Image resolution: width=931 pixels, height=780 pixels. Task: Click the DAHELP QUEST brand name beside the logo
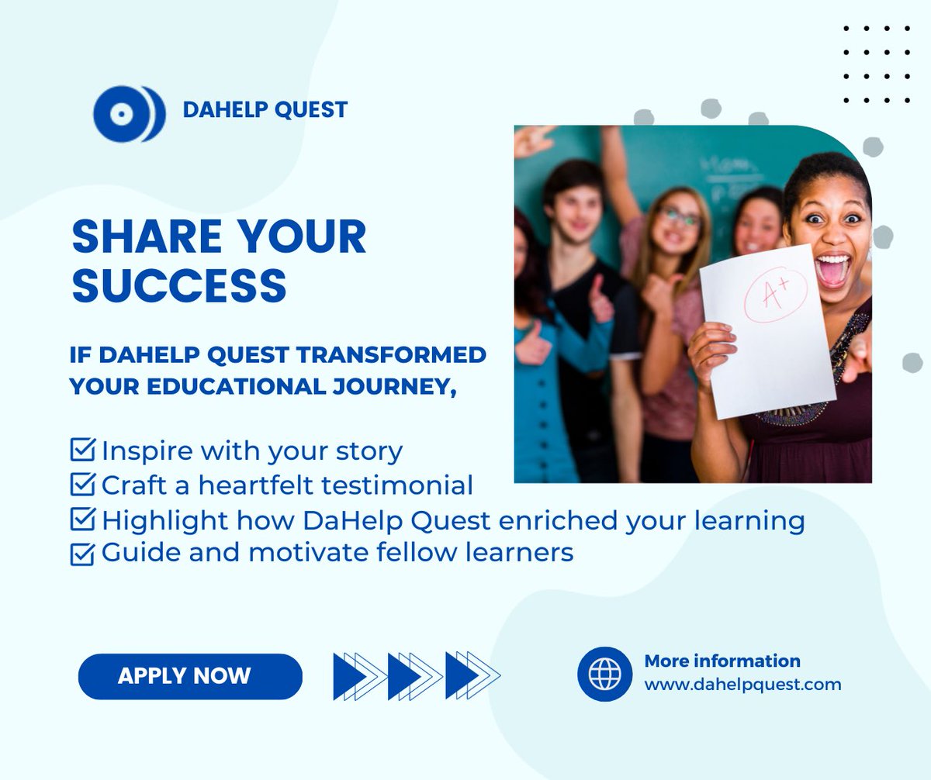tap(265, 110)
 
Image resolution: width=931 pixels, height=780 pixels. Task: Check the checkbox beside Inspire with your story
tap(82, 449)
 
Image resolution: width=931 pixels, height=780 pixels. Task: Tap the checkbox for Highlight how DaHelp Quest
tap(82, 519)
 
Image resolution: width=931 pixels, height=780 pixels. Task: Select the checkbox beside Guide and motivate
tap(82, 554)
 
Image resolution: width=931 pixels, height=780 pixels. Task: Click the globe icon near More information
tap(604, 674)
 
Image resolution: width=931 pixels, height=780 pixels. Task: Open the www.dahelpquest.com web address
tap(742, 685)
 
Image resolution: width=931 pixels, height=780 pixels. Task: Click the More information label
tap(722, 661)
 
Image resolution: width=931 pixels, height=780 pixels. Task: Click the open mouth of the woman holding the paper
tap(832, 270)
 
